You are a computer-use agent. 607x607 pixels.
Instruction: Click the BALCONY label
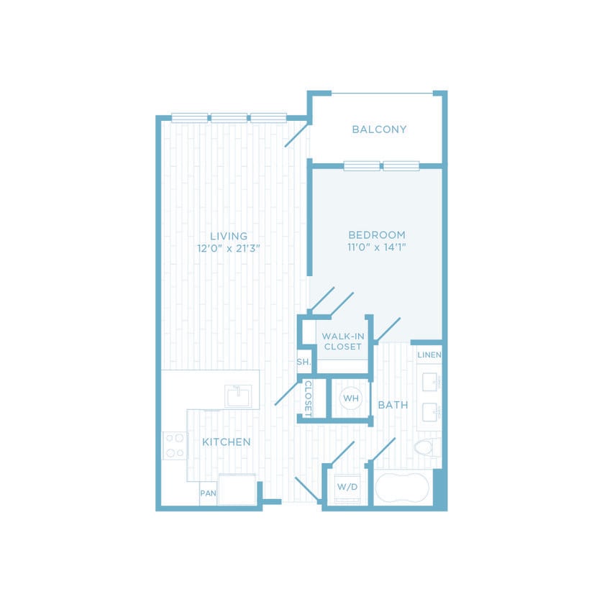click(379, 129)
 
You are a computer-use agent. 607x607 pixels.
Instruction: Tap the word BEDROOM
click(377, 234)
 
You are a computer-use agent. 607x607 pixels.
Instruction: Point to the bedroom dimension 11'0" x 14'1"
click(377, 247)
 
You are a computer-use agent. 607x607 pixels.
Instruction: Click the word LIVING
click(229, 236)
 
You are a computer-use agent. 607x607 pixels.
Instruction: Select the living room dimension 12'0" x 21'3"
click(228, 248)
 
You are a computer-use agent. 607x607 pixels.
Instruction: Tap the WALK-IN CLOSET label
click(342, 341)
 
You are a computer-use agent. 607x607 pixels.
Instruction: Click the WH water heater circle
click(350, 398)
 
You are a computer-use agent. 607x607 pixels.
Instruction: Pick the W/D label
click(347, 487)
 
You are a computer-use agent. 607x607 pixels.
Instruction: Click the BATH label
click(393, 405)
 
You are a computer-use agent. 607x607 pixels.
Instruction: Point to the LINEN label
click(429, 355)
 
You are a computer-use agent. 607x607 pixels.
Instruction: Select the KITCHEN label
click(226, 442)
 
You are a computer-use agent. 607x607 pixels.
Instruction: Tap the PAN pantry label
click(208, 493)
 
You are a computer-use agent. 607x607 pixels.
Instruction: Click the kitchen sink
click(237, 396)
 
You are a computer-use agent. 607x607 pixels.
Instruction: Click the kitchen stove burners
click(174, 445)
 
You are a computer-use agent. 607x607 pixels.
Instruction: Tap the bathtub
click(402, 488)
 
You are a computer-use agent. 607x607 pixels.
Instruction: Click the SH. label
click(303, 362)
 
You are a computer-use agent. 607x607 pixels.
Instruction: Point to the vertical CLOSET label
click(307, 398)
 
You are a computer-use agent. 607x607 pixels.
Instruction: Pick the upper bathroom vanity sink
click(432, 381)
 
